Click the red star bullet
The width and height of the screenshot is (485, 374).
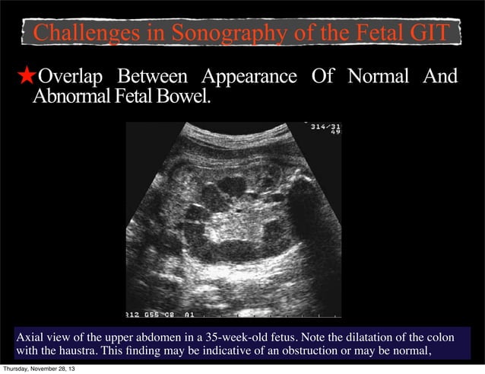click(x=27, y=76)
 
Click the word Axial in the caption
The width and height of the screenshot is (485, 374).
click(x=30, y=337)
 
